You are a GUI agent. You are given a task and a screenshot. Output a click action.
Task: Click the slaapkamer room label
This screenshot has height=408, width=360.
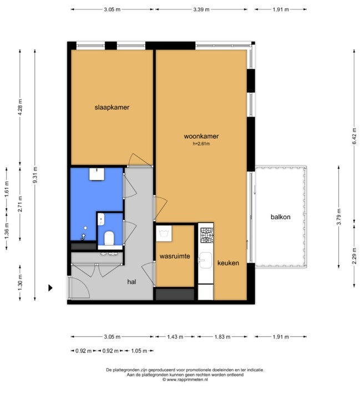[111, 107]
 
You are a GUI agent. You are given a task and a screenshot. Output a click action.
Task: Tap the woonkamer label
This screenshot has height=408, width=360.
[201, 136]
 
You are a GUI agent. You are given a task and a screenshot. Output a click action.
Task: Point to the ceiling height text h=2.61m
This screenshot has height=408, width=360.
[201, 144]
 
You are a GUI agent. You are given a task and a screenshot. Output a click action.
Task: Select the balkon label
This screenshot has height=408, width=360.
[281, 216]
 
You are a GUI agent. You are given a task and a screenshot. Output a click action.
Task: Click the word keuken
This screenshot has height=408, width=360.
[228, 263]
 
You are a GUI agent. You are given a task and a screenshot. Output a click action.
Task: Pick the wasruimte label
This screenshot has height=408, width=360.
[175, 256]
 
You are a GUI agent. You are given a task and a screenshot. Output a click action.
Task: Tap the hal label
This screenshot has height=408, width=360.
[131, 282]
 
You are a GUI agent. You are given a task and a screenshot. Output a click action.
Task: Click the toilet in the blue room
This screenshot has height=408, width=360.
[109, 238]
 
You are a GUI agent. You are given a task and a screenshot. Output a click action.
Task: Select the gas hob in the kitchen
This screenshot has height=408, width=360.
[207, 235]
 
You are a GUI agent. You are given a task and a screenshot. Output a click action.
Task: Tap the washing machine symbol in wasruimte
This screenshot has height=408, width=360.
[164, 233]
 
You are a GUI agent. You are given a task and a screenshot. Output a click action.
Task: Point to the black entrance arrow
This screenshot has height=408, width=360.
[50, 288]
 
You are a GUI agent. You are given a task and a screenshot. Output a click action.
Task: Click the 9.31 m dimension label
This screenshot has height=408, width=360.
[35, 175]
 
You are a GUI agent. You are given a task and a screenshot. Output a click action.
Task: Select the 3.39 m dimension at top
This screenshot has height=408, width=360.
[201, 9]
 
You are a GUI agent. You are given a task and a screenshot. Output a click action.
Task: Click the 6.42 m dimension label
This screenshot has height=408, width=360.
[354, 136]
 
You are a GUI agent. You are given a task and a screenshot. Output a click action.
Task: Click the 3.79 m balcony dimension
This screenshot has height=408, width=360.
[339, 216]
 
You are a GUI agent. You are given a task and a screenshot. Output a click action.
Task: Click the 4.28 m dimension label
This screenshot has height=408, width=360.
[21, 107]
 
